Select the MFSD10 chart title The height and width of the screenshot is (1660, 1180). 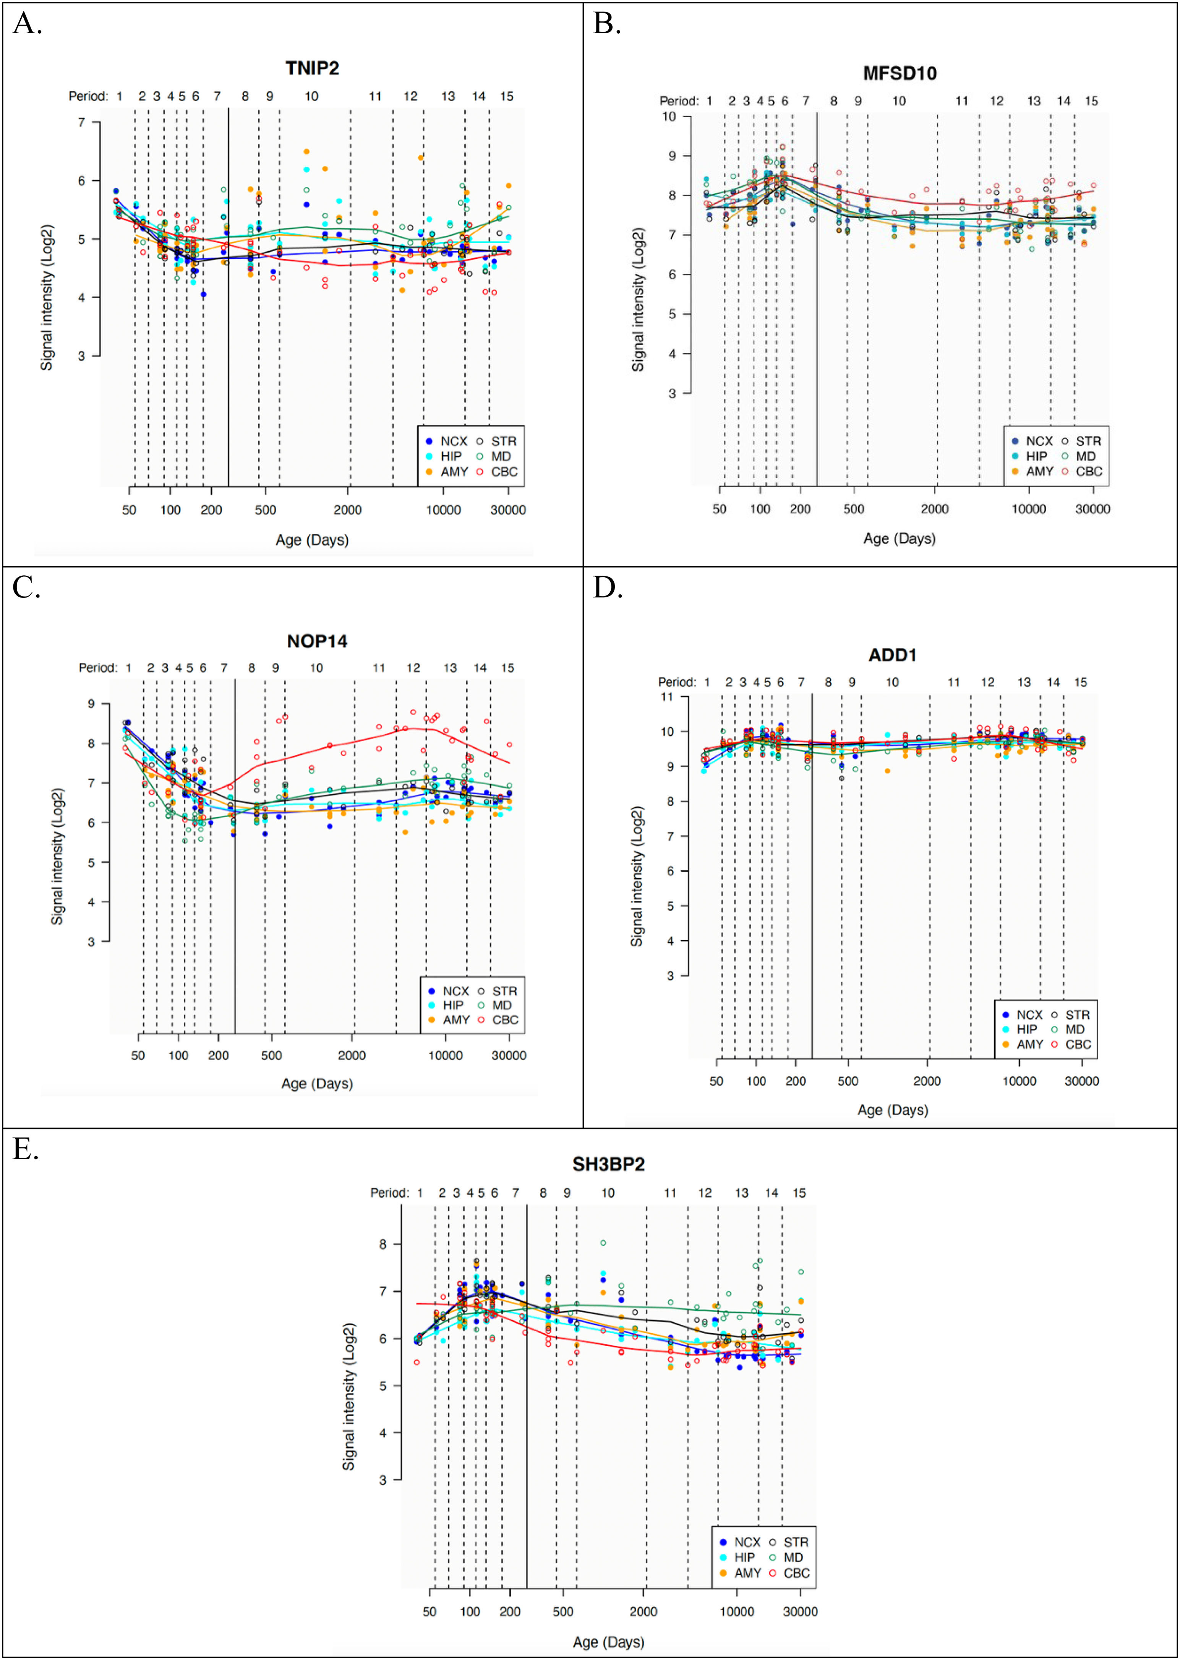900,73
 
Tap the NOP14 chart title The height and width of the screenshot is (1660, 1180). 317,641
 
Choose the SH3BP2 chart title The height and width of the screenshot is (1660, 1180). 608,1164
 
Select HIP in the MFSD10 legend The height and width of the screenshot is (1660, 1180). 1036,456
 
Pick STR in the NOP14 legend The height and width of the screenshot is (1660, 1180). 504,991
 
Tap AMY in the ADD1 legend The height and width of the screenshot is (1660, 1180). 1029,1044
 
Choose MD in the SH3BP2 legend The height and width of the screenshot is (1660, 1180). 793,1558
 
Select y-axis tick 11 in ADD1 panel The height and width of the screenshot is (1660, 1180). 666,697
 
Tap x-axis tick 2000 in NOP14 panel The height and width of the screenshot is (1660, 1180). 352,1055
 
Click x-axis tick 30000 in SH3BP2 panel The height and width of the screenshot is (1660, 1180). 800,1611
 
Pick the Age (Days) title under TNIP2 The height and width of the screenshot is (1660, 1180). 312,540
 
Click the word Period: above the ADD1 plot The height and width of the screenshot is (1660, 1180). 676,682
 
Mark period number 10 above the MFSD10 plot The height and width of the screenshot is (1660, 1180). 899,101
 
